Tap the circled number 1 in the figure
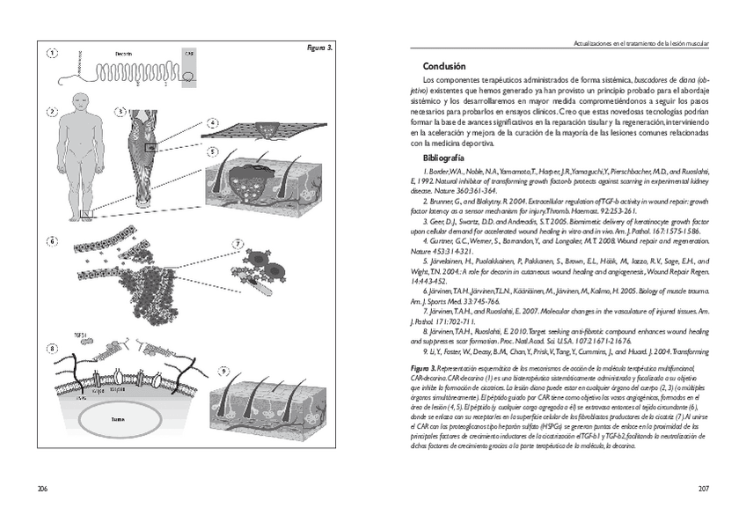[52, 53]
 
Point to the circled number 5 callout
[213, 151]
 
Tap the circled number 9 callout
[223, 371]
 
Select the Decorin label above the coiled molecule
[123, 54]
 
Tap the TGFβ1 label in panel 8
[79, 336]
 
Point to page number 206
[41, 489]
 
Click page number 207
[703, 489]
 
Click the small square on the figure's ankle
[84, 213]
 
